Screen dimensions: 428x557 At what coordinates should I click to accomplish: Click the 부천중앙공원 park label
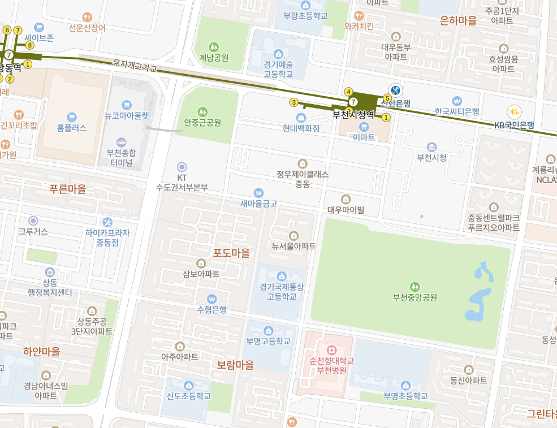415,297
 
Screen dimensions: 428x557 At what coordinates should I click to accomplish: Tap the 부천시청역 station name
353,114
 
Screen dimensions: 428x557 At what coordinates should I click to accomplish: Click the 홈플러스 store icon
72,117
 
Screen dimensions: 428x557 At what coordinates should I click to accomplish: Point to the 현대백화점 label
301,128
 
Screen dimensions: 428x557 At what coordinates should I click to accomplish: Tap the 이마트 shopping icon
364,126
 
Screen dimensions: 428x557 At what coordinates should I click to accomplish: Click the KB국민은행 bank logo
514,111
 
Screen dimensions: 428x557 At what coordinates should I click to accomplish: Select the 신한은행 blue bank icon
396,90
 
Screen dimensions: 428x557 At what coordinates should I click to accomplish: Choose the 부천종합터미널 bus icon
121,142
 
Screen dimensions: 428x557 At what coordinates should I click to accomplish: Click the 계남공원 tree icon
214,47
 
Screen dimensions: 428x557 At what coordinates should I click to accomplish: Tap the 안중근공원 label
202,122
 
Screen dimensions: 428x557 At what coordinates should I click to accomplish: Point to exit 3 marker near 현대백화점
293,102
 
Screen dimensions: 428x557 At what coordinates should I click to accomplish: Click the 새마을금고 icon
258,193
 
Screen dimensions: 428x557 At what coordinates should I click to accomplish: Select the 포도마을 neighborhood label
231,253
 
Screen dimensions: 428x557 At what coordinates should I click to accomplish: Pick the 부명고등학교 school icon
268,331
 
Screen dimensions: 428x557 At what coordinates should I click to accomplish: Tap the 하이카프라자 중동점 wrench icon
107,222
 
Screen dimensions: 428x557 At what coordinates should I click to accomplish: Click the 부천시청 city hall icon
431,147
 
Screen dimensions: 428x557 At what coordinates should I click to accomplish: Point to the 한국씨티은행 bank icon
457,101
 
